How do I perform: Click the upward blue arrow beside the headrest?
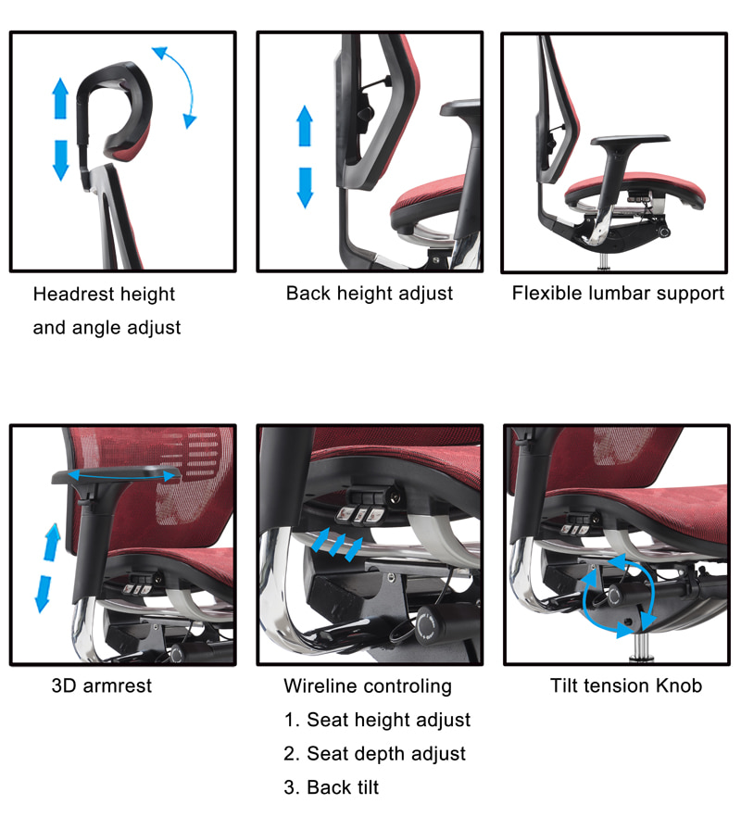[x=60, y=98]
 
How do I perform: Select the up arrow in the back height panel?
[x=305, y=125]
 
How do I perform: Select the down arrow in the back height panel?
[x=305, y=188]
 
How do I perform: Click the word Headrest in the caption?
[x=72, y=294]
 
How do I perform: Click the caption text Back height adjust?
[x=370, y=294]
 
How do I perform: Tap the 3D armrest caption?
[x=102, y=686]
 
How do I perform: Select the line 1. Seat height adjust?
[x=377, y=721]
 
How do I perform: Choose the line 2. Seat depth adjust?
[x=374, y=754]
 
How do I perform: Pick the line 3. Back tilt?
[x=332, y=787]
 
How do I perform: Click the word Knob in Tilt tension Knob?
[x=679, y=685]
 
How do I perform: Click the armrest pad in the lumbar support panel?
[x=630, y=141]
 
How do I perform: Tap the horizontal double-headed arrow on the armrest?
[x=121, y=474]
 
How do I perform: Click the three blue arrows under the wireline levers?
[x=337, y=545]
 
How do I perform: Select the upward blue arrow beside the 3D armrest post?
[x=52, y=542]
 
